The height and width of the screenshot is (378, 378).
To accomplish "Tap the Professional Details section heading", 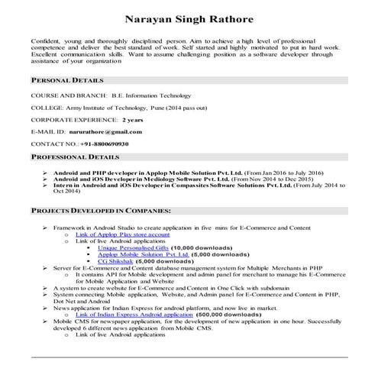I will click(75, 157).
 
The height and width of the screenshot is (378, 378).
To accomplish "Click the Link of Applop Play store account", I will click(128, 234).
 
